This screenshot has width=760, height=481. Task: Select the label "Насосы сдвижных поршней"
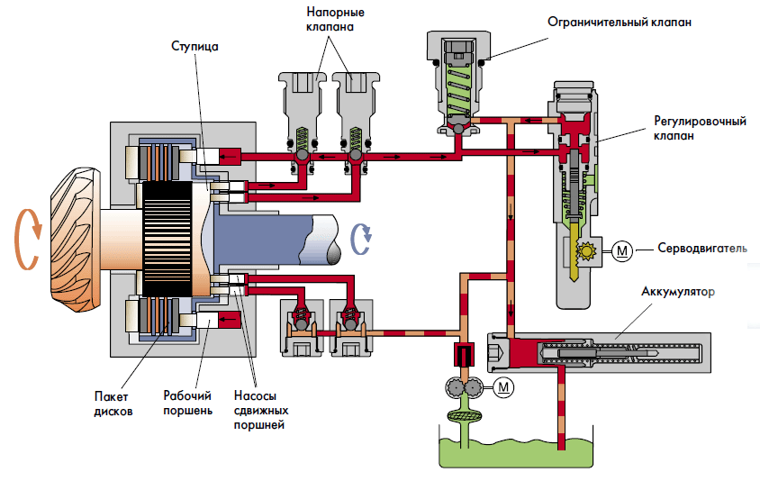tap(259, 411)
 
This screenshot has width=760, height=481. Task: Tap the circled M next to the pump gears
tap(504, 387)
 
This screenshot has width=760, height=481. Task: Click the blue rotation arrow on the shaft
tap(363, 238)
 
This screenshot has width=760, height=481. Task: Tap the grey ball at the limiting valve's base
tap(459, 129)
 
